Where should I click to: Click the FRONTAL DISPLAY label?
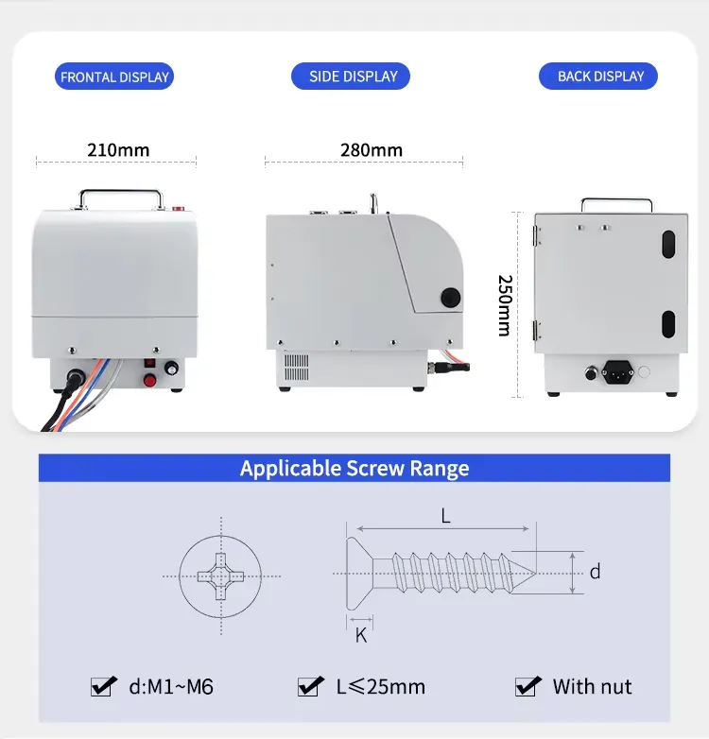point(114,77)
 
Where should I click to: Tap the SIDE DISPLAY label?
point(354,77)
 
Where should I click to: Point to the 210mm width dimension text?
point(118,150)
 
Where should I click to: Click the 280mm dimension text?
point(371,150)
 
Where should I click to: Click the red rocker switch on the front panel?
point(147,362)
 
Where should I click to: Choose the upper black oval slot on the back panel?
point(667,244)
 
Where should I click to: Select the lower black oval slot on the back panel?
point(667,323)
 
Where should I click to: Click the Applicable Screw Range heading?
point(354,469)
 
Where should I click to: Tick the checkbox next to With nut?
point(527,687)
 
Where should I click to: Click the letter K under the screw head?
point(360,636)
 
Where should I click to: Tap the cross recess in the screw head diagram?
point(219,575)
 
